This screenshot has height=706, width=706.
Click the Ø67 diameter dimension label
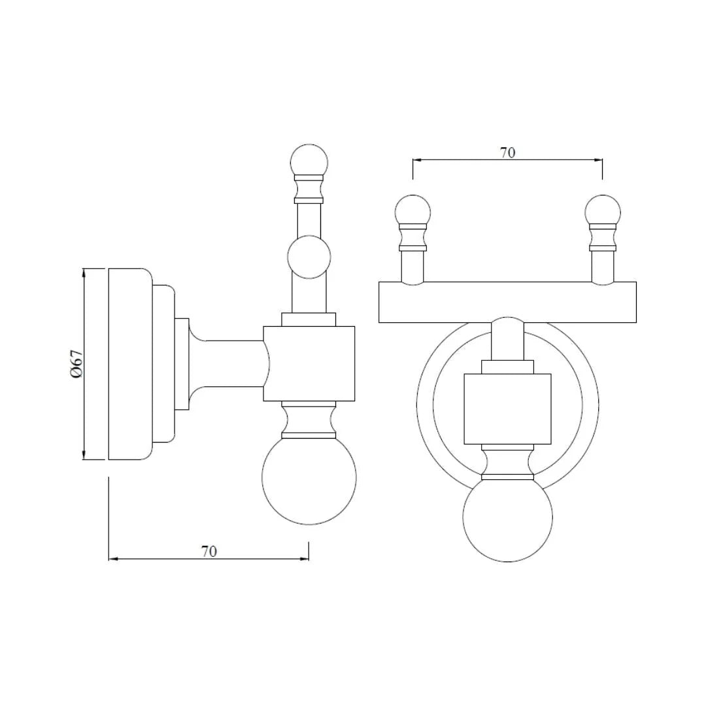[76, 363]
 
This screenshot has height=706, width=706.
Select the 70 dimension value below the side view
[209, 551]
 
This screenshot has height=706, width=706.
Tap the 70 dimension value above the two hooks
[507, 152]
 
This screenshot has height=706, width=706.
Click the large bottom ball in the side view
[309, 477]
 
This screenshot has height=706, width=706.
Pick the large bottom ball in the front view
[507, 517]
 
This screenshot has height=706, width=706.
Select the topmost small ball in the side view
[309, 161]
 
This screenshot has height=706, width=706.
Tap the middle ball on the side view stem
[309, 257]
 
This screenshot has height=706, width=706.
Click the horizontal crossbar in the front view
[507, 302]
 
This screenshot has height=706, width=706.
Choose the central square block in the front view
[507, 409]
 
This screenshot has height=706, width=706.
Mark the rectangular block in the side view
[309, 363]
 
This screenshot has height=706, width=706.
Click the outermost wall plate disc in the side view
[129, 363]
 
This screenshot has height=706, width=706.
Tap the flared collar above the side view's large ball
[309, 420]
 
